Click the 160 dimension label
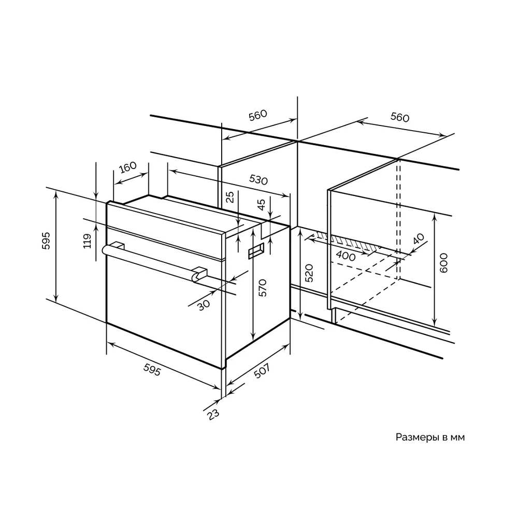click(x=127, y=167)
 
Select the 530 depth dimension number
click(x=258, y=180)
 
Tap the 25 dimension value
click(x=230, y=197)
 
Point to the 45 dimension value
click(x=261, y=204)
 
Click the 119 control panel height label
click(x=87, y=241)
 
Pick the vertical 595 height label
click(x=46, y=241)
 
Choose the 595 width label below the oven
click(x=152, y=369)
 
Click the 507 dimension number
click(x=262, y=371)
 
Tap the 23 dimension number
click(x=213, y=414)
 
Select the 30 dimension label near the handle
click(x=204, y=305)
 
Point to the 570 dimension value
click(x=262, y=288)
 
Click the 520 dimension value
click(x=308, y=273)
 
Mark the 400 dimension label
click(x=346, y=256)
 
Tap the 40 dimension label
click(x=418, y=239)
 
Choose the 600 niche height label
click(x=443, y=263)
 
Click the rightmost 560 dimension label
click(x=400, y=117)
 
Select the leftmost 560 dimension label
click(x=257, y=115)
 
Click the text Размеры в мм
click(x=430, y=437)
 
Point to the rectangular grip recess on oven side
click(x=256, y=250)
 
